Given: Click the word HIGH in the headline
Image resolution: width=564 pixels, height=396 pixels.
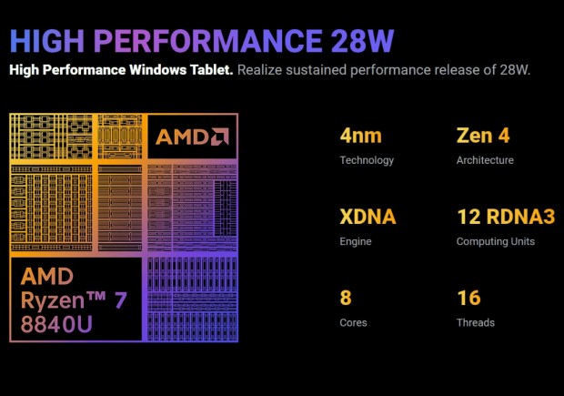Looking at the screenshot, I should (x=45, y=42).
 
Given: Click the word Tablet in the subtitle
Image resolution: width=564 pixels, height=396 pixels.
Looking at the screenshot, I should (x=211, y=70).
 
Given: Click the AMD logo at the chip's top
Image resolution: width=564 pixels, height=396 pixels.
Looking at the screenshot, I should (x=191, y=137).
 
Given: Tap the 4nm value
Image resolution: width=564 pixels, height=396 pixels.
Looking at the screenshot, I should (x=360, y=137).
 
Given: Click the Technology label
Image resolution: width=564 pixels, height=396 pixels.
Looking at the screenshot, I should (x=367, y=160).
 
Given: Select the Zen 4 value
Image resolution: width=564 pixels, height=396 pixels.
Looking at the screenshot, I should (x=484, y=137).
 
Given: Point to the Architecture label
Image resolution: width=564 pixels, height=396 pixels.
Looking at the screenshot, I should (x=485, y=160).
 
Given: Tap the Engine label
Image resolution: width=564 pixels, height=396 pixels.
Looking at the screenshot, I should (x=356, y=241).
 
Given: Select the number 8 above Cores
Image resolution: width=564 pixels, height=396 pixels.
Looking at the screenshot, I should (x=346, y=299).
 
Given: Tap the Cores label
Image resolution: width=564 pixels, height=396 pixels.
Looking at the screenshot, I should (x=353, y=322).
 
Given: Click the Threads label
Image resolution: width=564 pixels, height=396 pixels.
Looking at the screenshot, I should (x=476, y=322).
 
